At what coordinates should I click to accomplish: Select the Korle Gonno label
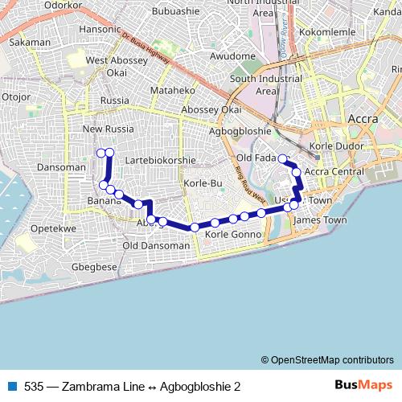click(x=234, y=234)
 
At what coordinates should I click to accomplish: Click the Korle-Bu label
click(x=203, y=184)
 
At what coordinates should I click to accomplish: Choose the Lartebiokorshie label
click(x=161, y=160)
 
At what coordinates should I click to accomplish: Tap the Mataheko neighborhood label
click(x=168, y=91)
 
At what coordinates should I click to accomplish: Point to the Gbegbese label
click(x=94, y=267)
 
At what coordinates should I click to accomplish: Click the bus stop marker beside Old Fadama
click(x=282, y=159)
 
